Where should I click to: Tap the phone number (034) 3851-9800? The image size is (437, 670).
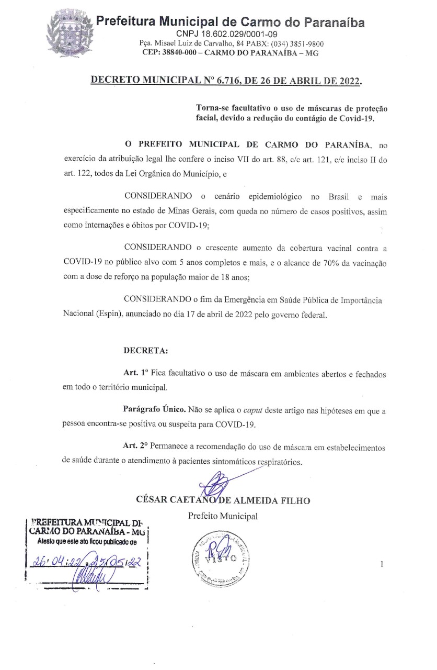297,44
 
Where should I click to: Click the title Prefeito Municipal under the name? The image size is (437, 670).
223,517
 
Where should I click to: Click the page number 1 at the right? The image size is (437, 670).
382,564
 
